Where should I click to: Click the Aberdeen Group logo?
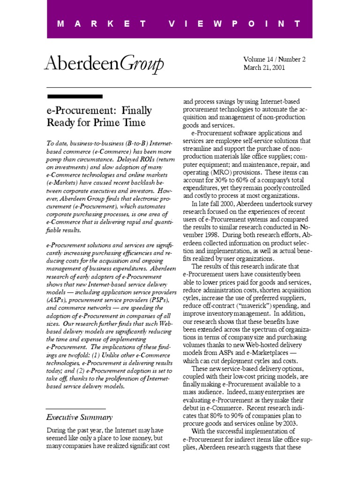[104, 63]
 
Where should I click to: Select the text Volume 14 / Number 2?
[274, 59]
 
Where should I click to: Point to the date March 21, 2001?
[264, 67]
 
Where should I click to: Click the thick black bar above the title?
[75, 97]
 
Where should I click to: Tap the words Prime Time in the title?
[122, 123]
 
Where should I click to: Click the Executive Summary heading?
[79, 417]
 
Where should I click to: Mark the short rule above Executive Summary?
[75, 409]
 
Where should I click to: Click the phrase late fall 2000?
[217, 204]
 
